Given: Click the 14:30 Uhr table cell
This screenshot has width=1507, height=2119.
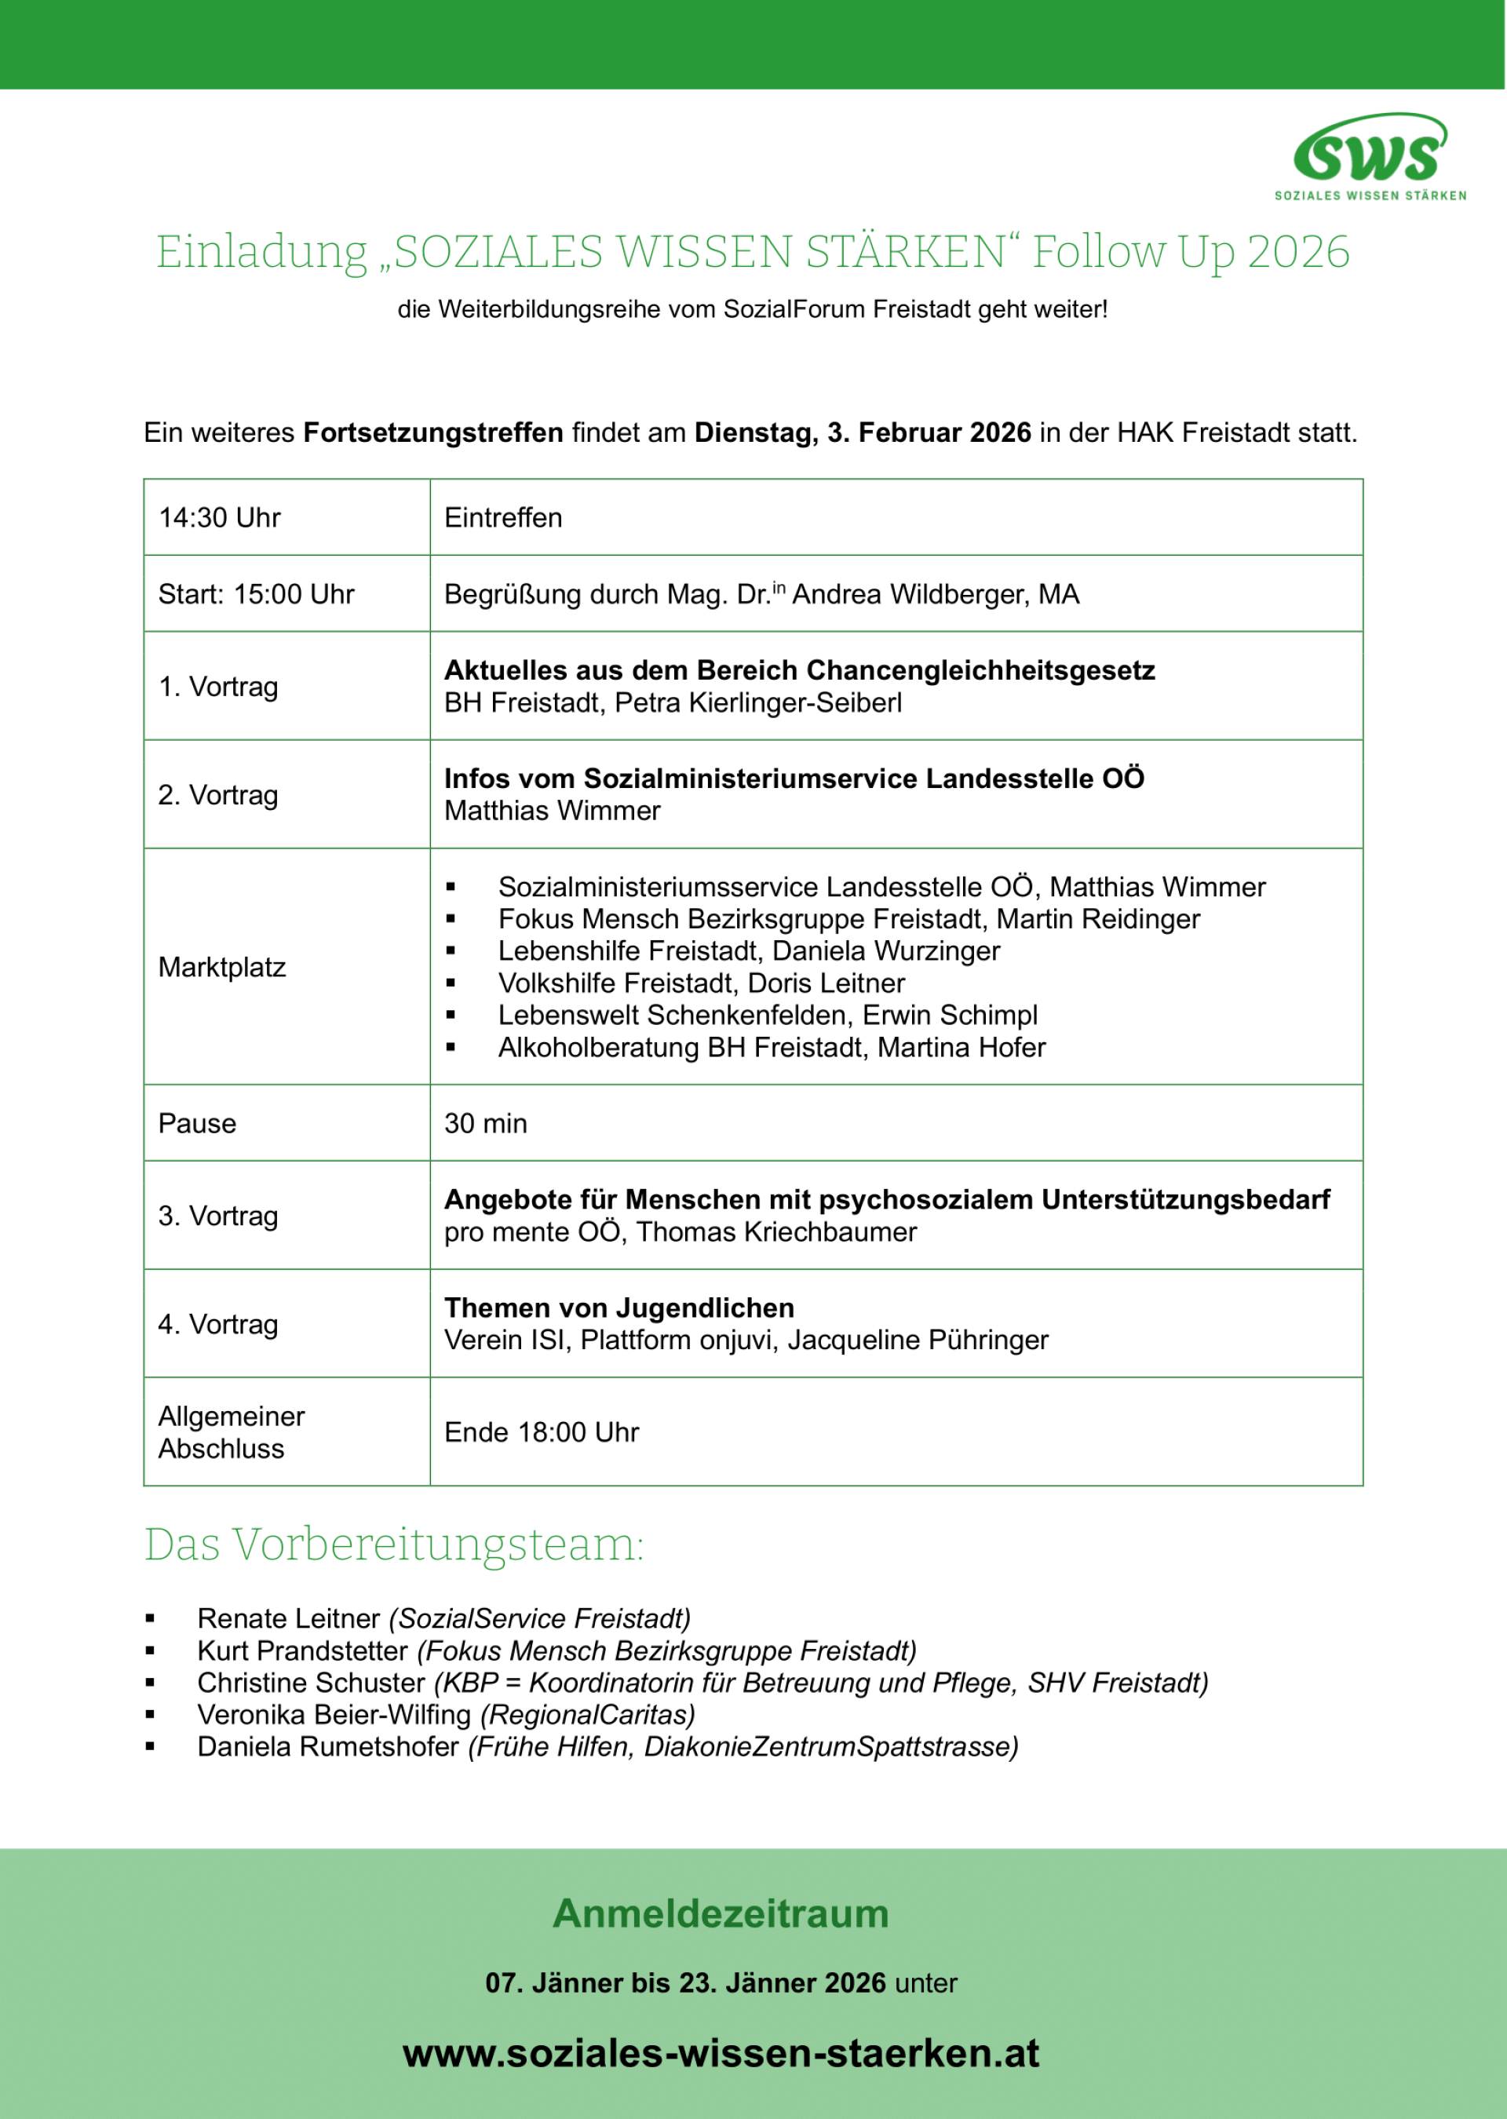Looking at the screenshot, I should coord(219,518).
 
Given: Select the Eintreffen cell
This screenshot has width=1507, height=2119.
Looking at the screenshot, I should coord(503,518).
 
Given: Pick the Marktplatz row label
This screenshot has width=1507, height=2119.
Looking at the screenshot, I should coord(222,967).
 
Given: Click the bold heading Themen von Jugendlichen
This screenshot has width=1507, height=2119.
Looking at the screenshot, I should coord(619,1308).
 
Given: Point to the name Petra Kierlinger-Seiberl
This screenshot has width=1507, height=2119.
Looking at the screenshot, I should coord(757,702).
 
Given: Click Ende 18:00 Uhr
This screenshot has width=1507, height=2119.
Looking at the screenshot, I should coord(542,1432).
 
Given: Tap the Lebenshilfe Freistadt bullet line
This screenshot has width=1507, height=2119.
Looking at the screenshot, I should coord(748,950).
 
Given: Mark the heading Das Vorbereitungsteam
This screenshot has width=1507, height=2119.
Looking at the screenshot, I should coord(393,1544).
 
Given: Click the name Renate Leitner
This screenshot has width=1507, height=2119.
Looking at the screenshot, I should coord(289,1618).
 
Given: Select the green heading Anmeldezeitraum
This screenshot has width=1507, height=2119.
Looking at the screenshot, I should coord(721,1913).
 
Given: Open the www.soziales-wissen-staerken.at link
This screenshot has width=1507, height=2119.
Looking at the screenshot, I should coord(721,2052).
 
